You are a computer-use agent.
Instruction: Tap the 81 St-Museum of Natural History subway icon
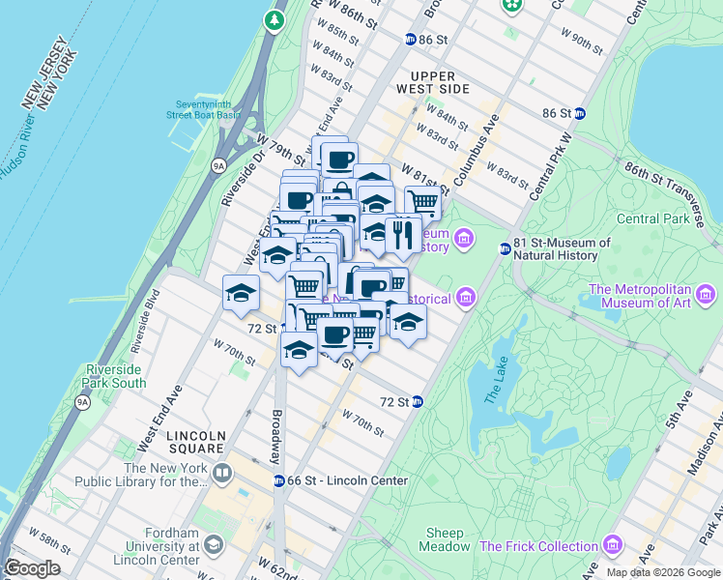click(504, 248)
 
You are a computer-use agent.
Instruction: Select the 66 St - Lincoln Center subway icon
click(278, 480)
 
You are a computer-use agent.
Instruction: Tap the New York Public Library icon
click(222, 474)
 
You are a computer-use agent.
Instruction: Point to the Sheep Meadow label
click(445, 539)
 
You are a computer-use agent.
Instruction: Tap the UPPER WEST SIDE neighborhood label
click(440, 82)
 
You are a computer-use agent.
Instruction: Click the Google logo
click(32, 568)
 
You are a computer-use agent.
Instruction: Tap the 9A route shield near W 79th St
click(219, 165)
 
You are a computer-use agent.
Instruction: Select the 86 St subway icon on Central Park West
click(579, 113)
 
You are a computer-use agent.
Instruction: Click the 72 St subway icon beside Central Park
click(417, 401)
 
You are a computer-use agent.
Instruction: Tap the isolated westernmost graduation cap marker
click(241, 293)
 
